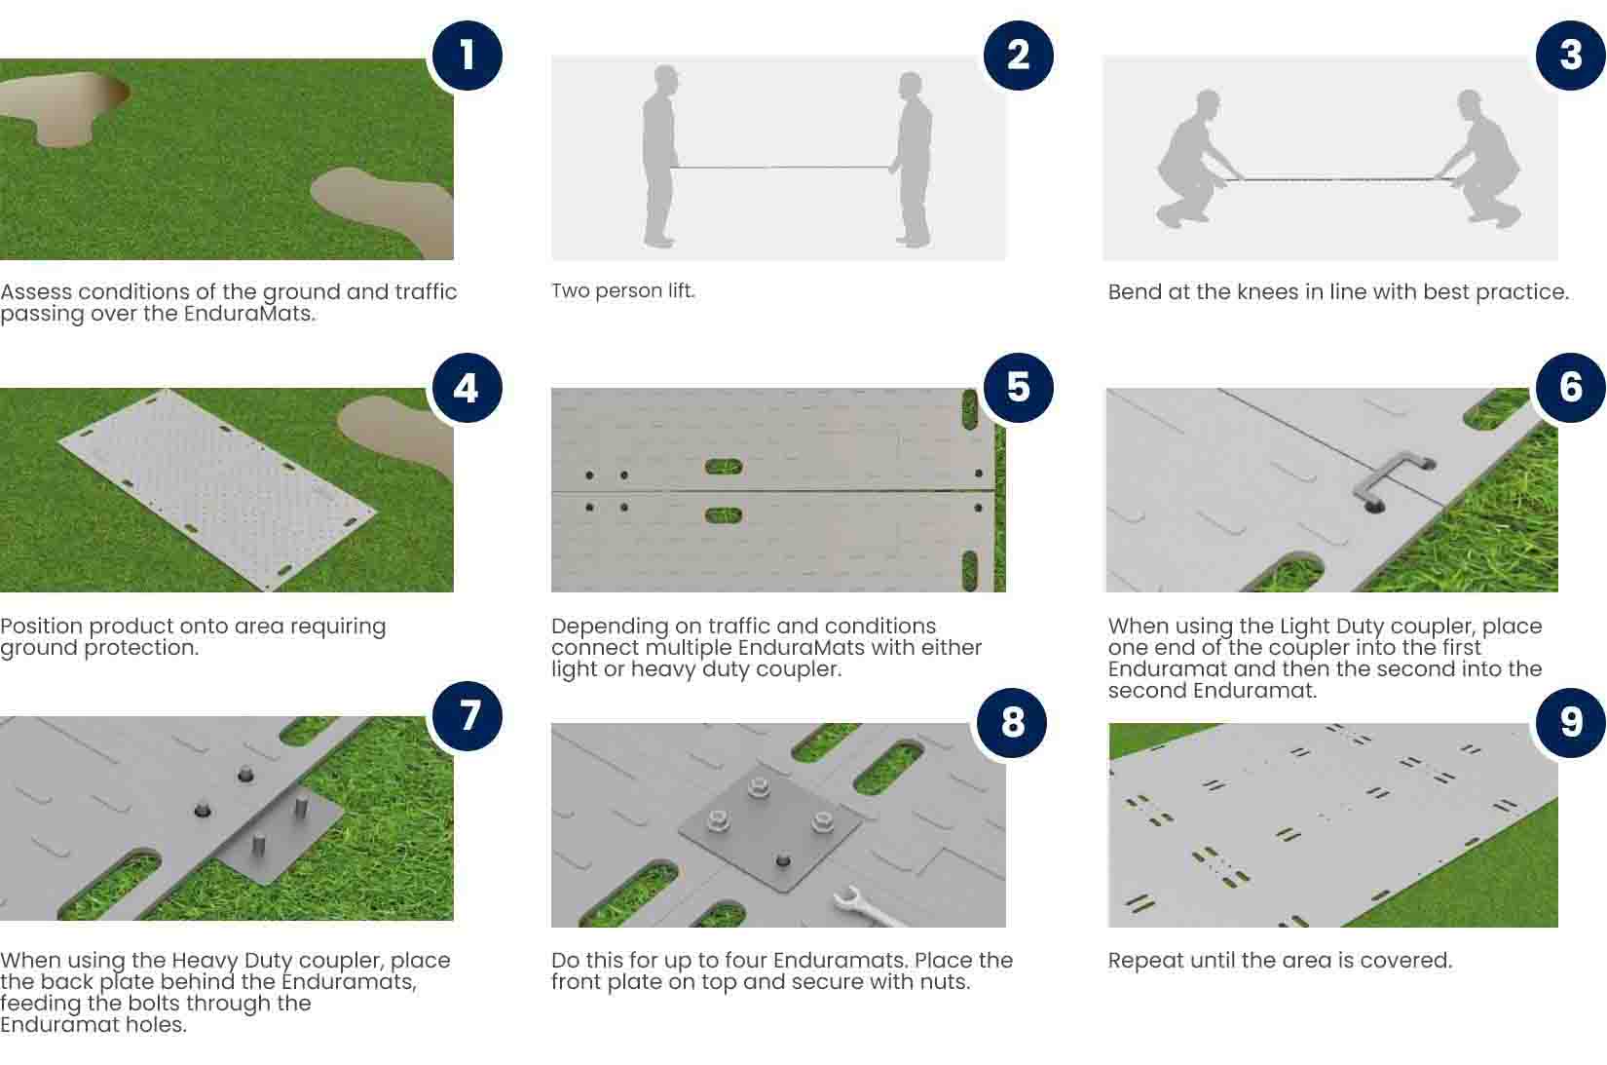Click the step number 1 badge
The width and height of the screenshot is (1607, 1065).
pos(467,56)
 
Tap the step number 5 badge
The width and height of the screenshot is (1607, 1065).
pos(1018,388)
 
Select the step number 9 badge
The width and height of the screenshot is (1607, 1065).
pos(1570,722)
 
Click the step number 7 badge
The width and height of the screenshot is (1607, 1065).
pos(467,715)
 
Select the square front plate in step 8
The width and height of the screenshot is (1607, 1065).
pos(770,832)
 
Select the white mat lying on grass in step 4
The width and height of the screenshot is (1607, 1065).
pos(217,489)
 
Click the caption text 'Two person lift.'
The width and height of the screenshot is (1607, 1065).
pos(622,290)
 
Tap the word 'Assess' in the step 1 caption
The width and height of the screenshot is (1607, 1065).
pos(36,292)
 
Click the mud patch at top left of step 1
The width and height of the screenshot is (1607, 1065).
pos(63,106)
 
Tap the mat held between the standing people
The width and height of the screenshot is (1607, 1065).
pos(780,168)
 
